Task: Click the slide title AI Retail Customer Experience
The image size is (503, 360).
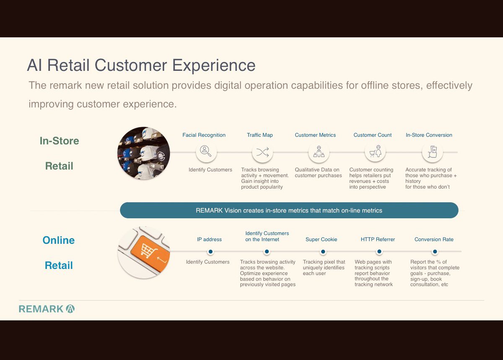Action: [x=141, y=66]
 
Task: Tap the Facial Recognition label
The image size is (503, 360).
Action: [x=204, y=135]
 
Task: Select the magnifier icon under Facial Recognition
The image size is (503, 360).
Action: [x=206, y=152]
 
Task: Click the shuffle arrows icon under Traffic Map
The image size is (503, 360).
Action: [x=262, y=152]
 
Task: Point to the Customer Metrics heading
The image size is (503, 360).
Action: [x=315, y=135]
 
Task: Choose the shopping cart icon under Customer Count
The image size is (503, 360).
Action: [x=375, y=152]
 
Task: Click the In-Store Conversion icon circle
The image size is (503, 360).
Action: [x=432, y=152]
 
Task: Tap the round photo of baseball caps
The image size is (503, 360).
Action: [x=143, y=153]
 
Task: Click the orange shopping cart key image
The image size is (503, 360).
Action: [x=144, y=252]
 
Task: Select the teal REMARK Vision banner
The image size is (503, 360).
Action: [x=289, y=210]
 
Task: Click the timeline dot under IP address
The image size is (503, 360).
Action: [x=210, y=252]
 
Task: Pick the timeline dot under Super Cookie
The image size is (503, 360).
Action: [x=323, y=252]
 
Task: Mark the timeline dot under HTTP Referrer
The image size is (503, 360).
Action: [x=379, y=252]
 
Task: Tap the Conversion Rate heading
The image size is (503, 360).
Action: [x=434, y=239]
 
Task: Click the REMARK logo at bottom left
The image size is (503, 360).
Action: [x=47, y=309]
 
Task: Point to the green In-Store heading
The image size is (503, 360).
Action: [x=59, y=141]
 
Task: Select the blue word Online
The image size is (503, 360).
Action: [x=59, y=240]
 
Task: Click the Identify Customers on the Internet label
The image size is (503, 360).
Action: [x=267, y=236]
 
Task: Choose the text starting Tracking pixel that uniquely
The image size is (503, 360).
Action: [x=324, y=267]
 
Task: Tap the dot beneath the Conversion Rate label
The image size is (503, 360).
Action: [x=435, y=252]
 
